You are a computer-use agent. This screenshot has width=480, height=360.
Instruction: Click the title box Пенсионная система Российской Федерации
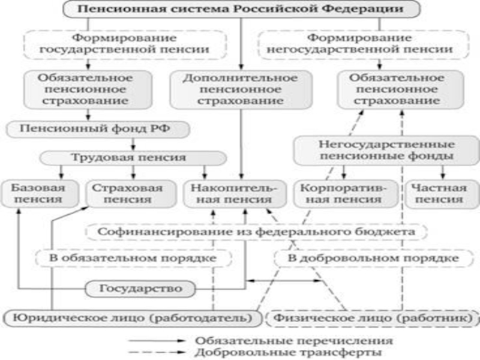click(241, 9)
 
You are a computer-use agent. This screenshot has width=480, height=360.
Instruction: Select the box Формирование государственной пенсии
click(125, 44)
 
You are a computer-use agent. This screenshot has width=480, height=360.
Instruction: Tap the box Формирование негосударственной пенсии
click(364, 44)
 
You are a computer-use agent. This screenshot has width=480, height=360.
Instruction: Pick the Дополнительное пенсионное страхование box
click(241, 89)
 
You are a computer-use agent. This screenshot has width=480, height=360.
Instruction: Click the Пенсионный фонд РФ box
click(98, 130)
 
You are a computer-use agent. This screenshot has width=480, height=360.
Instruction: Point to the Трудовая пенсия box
click(133, 158)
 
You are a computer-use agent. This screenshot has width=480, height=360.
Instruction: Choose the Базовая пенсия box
click(39, 194)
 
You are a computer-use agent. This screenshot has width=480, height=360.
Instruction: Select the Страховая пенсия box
click(131, 194)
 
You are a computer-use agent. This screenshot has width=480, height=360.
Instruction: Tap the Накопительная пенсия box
click(235, 194)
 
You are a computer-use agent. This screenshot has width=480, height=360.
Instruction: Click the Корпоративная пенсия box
click(346, 194)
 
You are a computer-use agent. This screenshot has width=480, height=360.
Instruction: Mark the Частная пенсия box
click(442, 194)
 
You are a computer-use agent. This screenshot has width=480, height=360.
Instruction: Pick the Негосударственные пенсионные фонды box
click(387, 151)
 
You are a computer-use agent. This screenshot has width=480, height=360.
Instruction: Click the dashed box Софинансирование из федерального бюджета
click(257, 232)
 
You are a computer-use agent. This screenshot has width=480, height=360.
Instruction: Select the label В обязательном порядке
click(133, 259)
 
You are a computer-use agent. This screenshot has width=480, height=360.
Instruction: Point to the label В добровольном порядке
click(373, 259)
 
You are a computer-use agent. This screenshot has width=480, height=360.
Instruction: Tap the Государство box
click(140, 289)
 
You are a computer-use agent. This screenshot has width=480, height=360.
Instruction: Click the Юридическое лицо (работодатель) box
click(132, 318)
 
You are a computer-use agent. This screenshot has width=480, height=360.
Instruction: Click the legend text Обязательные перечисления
click(294, 341)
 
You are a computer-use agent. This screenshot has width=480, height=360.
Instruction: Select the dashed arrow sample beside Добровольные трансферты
click(157, 352)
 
